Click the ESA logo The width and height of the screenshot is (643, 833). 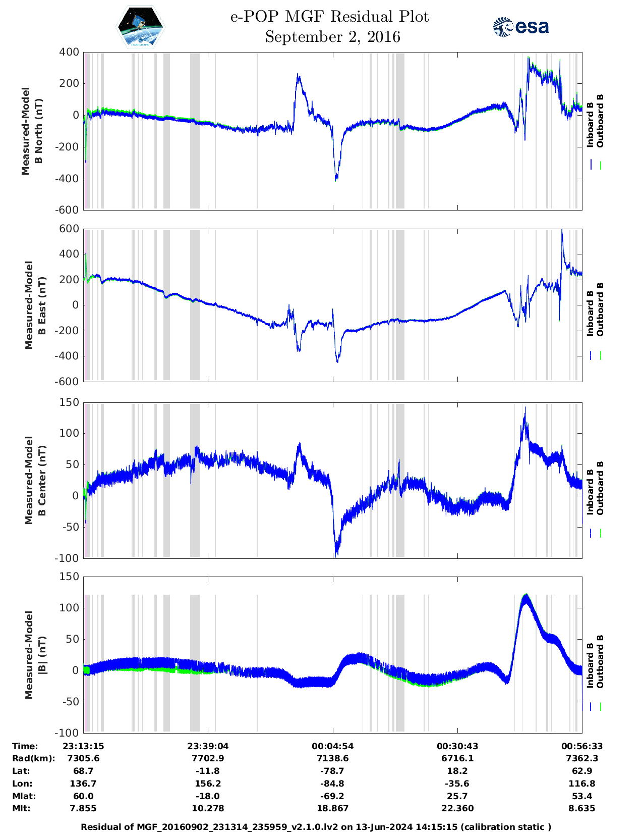click(x=520, y=27)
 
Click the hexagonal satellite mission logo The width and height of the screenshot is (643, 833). click(x=141, y=27)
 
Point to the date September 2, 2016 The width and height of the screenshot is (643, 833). click(x=332, y=37)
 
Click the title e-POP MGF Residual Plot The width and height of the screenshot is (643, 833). click(x=329, y=17)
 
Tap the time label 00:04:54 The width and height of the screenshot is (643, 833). click(x=332, y=746)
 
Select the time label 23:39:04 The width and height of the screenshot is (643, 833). click(x=208, y=746)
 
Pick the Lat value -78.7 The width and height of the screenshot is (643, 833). click(x=332, y=771)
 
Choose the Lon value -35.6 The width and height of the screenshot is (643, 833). click(x=457, y=784)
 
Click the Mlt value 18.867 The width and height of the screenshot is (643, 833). click(x=332, y=808)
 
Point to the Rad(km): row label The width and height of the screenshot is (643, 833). click(x=33, y=758)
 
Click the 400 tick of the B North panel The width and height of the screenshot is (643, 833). click(x=69, y=52)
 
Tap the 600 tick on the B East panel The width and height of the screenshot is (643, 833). click(x=69, y=229)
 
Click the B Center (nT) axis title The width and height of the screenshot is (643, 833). click(x=42, y=480)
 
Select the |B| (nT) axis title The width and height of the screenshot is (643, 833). click(x=42, y=655)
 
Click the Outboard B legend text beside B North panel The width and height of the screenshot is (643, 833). click(x=600, y=121)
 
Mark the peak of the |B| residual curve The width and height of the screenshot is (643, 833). click(x=525, y=596)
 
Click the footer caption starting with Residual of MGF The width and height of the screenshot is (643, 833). click(x=316, y=826)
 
